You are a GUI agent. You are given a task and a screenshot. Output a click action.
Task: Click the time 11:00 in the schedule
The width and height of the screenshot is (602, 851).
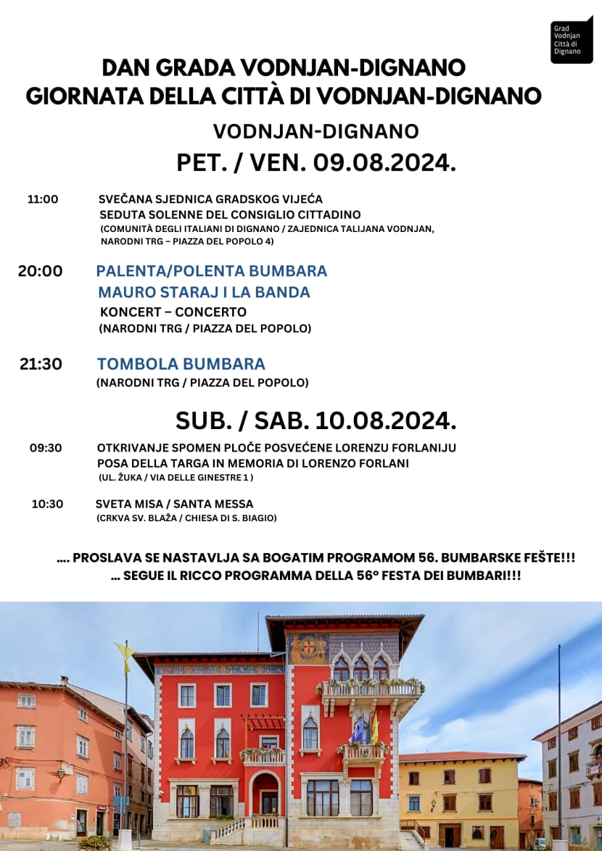(43, 199)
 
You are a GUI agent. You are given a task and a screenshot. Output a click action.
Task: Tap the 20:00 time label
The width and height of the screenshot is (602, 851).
(41, 271)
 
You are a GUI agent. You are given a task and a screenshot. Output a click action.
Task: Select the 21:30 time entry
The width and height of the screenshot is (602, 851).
(41, 364)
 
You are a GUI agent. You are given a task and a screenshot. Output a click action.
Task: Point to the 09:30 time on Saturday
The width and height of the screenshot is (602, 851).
(46, 448)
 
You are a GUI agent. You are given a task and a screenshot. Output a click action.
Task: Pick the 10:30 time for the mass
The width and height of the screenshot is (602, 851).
(47, 504)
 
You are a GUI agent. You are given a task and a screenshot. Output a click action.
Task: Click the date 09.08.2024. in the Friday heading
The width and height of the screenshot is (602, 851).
(384, 163)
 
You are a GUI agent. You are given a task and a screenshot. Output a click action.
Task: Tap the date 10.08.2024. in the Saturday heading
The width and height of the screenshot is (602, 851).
(386, 420)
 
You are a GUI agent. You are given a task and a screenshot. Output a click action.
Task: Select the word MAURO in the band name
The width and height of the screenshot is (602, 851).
(124, 292)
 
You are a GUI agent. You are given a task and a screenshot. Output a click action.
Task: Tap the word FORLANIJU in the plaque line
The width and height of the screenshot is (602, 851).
(424, 448)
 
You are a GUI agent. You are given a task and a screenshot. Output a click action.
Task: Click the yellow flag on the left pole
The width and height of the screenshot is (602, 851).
(124, 657)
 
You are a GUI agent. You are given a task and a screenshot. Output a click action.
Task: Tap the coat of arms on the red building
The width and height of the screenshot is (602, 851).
(310, 647)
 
